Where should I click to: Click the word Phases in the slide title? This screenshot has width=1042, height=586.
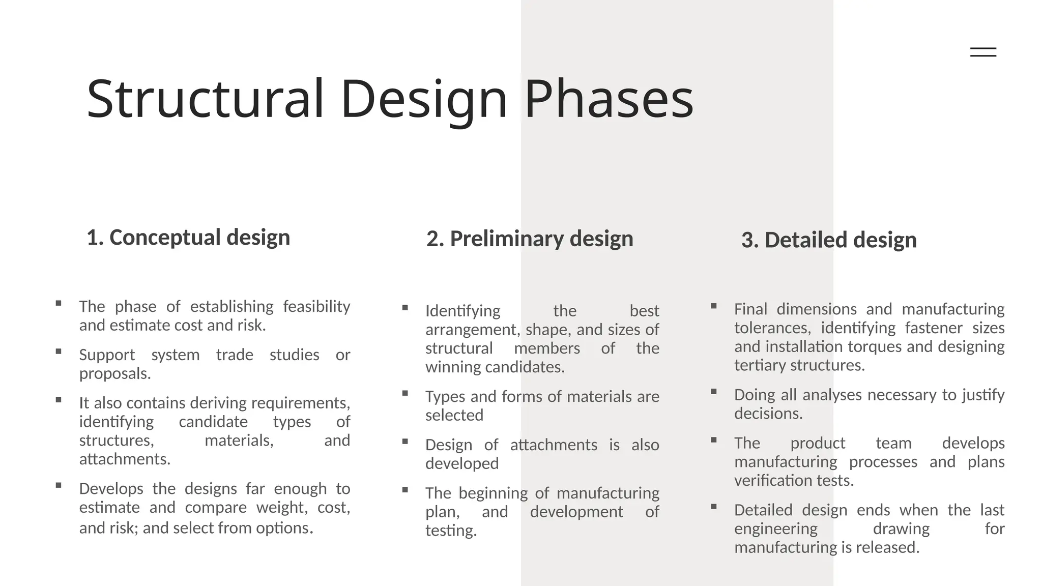tap(609, 99)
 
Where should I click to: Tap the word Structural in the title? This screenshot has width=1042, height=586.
tap(205, 99)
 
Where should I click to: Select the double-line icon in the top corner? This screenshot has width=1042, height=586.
tap(983, 52)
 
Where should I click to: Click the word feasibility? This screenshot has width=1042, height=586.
tap(316, 306)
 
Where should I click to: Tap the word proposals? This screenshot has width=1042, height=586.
tap(115, 373)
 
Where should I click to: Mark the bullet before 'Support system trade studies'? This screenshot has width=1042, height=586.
tap(59, 351)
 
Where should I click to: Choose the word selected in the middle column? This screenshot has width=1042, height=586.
tap(454, 415)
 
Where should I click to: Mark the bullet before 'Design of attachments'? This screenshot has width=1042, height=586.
tap(405, 442)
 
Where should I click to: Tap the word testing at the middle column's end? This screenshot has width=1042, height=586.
tap(451, 531)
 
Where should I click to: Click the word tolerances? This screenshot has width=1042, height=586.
tap(772, 328)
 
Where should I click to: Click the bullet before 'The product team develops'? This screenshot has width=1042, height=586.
tap(714, 440)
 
